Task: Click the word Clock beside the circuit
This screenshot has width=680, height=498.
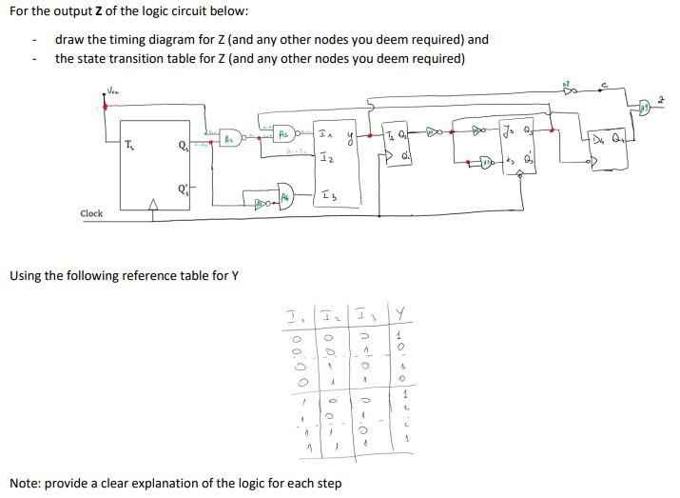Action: (x=91, y=213)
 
